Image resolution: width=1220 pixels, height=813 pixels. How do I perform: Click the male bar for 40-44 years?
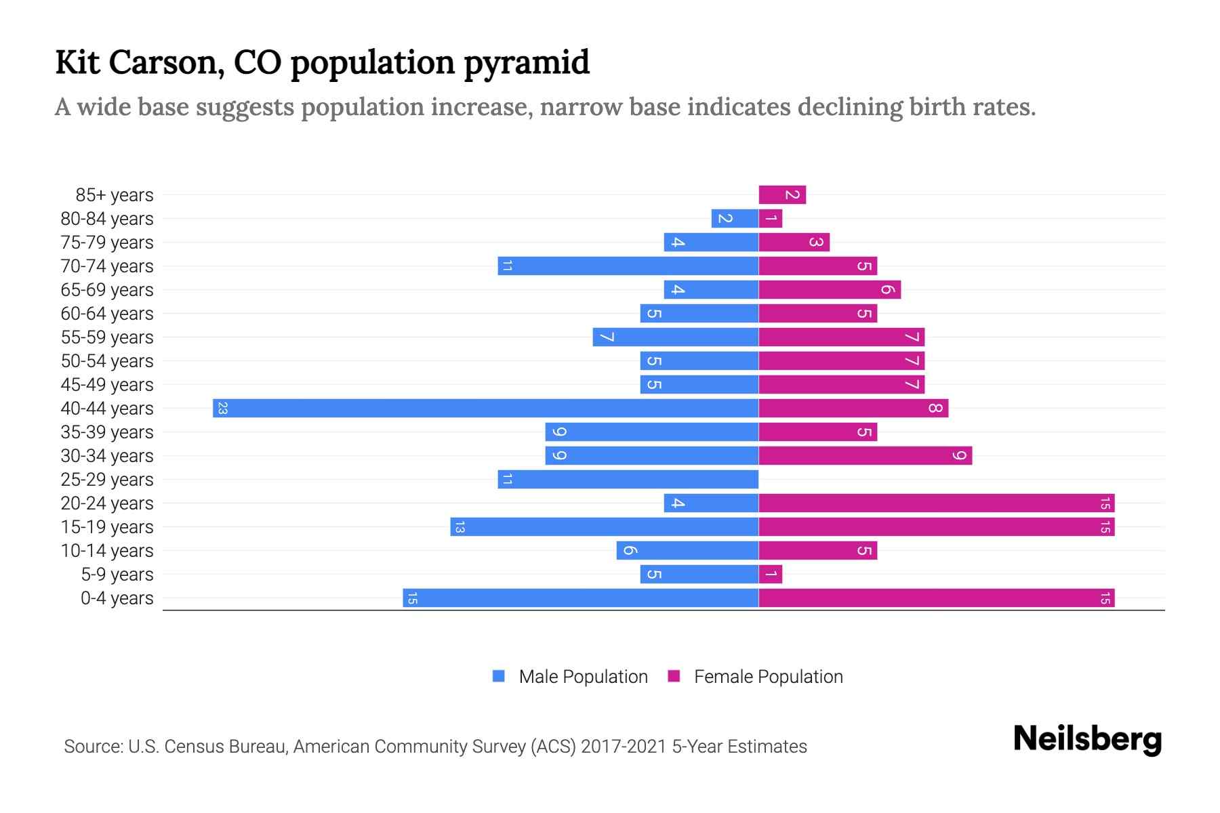485,408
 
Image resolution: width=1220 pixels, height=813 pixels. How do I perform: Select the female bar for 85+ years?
782,195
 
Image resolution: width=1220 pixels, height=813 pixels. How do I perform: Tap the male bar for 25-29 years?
628,480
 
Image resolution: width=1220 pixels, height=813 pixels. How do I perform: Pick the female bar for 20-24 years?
936,503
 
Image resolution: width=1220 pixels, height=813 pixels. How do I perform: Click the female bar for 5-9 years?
771,575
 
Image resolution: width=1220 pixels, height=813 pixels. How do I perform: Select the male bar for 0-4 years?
580,598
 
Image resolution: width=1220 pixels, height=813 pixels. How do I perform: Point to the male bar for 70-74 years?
628,266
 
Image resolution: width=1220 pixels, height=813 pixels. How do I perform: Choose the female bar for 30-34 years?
865,456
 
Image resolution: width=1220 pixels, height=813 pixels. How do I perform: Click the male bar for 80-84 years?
735,219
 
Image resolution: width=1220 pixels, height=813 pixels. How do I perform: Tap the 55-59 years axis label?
107,337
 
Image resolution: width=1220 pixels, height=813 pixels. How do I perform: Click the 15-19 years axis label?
107,527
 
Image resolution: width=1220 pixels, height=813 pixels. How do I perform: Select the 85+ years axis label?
115,195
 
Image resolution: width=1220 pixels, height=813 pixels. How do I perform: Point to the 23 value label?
222,409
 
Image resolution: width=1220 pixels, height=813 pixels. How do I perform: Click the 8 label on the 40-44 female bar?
935,409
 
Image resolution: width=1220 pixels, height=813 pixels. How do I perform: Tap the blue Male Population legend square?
499,676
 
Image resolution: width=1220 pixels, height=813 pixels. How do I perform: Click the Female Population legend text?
768,677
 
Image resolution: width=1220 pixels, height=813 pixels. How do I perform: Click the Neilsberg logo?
1087,738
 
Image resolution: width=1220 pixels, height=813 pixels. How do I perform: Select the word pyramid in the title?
527,62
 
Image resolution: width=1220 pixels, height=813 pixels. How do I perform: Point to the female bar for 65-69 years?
830,290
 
